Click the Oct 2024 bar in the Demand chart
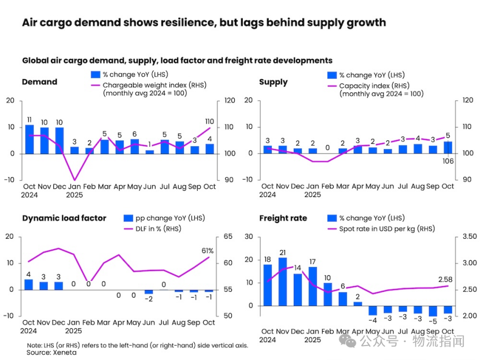click(x=29, y=139)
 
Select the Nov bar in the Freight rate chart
click(x=283, y=281)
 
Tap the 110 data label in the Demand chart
click(x=209, y=122)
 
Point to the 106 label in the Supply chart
click(x=448, y=161)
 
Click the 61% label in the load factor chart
click(x=208, y=251)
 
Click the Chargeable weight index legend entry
click(x=154, y=85)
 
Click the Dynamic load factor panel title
click(x=64, y=218)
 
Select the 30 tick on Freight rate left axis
click(x=250, y=237)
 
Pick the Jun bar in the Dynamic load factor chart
click(x=149, y=292)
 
